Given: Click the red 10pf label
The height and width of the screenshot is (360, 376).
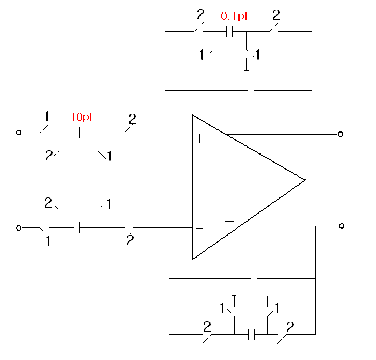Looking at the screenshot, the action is click(82, 117).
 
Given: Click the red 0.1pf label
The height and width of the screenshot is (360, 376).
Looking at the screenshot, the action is click(234, 16).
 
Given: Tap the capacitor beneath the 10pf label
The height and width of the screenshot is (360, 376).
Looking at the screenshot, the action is click(77, 133).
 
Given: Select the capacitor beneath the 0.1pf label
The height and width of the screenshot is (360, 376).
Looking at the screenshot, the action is click(229, 31).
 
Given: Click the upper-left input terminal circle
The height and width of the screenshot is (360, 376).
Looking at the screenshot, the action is click(19, 133).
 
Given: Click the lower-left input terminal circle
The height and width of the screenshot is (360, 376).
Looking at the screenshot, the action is click(19, 228).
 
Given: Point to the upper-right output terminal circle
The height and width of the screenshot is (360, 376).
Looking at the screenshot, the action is click(341, 134).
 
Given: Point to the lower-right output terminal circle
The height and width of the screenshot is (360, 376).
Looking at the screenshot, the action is click(342, 226).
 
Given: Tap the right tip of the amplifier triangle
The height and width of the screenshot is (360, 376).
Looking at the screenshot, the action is click(305, 180).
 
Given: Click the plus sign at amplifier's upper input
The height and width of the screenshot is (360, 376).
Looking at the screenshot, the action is click(199, 138).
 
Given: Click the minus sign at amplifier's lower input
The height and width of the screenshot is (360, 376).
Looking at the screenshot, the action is click(199, 228).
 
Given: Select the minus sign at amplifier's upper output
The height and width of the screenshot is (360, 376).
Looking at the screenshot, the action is click(226, 142).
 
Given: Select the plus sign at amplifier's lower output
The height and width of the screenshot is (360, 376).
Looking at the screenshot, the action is click(229, 221).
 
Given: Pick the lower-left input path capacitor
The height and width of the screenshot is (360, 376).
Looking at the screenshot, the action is click(77, 227).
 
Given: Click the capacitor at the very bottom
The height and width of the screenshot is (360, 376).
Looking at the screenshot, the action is click(251, 334).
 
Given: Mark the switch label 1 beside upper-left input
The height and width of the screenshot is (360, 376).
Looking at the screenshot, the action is click(47, 116).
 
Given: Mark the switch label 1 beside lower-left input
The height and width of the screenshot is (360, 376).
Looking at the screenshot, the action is click(48, 240).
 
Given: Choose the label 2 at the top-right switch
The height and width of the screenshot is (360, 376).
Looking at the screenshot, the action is click(276, 16).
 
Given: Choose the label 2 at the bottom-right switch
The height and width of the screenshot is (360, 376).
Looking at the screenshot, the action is click(290, 327).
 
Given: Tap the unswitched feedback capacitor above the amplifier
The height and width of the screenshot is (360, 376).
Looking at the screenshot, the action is click(251, 90).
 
